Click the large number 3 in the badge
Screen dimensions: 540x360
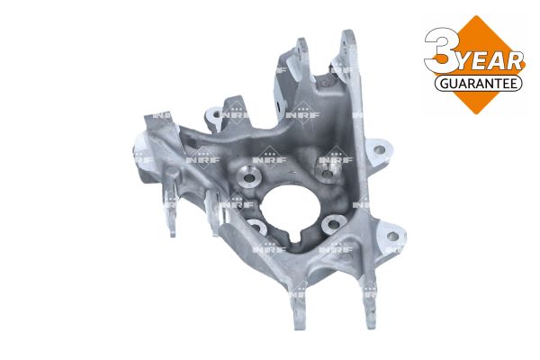(443, 50)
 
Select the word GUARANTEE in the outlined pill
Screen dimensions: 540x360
(479, 84)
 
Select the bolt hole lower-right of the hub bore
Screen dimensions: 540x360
(333, 225)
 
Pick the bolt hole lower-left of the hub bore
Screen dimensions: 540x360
(256, 227)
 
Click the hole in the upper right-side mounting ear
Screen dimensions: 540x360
(380, 150)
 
